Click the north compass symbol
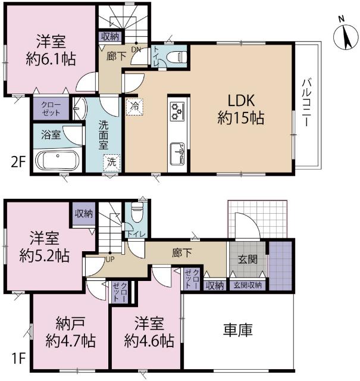pyautogui.click(x=346, y=36)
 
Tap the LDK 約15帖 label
pyautogui.click(x=241, y=109)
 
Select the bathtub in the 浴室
pyautogui.click(x=57, y=161)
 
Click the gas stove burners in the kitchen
pyautogui.click(x=177, y=111)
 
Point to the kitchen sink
pyautogui.click(x=177, y=154)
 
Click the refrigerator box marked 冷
pyautogui.click(x=134, y=107)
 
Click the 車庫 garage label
pyautogui.click(x=238, y=330)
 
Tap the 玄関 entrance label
pyautogui.click(x=248, y=260)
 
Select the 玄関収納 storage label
pyautogui.click(x=248, y=286)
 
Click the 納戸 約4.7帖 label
pyautogui.click(x=70, y=332)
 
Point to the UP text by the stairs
pyautogui.click(x=110, y=260)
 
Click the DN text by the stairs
pyautogui.click(x=136, y=49)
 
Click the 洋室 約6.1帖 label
pyautogui.click(x=51, y=50)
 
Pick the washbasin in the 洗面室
pyautogui.click(x=80, y=109)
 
